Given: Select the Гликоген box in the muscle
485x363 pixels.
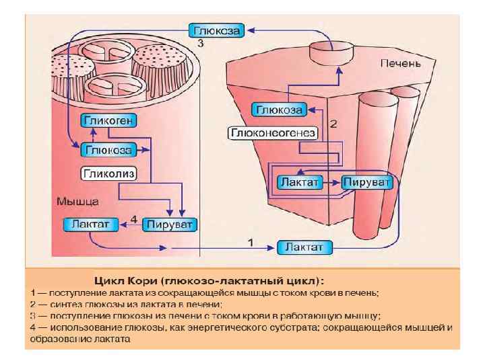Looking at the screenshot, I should tap(109, 121).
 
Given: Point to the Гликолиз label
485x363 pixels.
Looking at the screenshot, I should tap(109, 174).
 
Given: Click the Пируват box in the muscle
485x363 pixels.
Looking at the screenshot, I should tap(170, 224).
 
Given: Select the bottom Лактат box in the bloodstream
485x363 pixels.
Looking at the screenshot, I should tap(304, 247).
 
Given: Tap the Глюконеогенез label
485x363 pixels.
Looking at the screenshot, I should tap(273, 133).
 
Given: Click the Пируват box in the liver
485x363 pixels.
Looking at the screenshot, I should tap(366, 182).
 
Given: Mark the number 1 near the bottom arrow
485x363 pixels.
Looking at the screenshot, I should tap(251, 241).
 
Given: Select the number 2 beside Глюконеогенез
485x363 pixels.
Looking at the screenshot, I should tap(333, 124).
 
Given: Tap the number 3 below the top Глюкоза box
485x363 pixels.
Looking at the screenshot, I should tap(200, 44).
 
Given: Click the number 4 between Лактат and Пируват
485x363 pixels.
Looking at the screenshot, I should tap(133, 219).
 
